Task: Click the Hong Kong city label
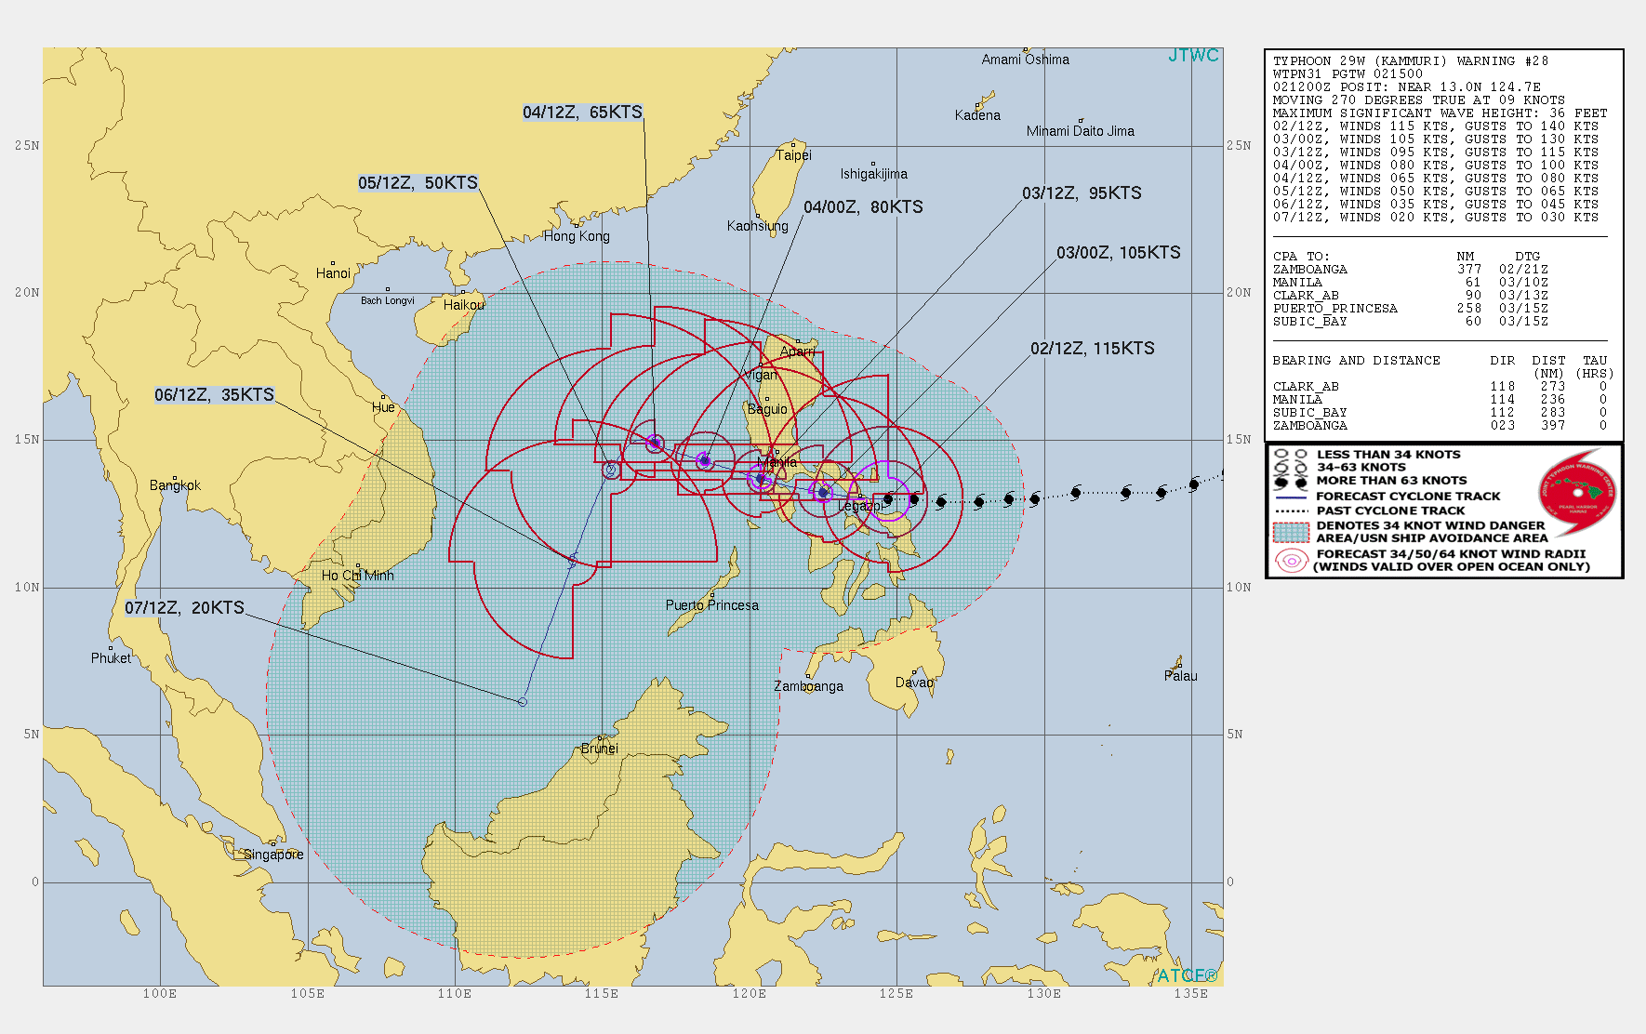click(x=577, y=236)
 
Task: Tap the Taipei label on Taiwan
click(x=793, y=155)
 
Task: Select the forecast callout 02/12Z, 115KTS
click(x=1092, y=349)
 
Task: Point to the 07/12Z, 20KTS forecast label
click(x=184, y=608)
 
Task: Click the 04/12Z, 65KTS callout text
click(x=582, y=113)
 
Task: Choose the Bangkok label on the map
click(x=175, y=485)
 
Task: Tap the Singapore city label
click(x=273, y=855)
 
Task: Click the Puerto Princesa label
click(x=711, y=605)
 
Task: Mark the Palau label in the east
click(x=1180, y=676)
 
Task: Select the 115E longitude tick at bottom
click(x=602, y=994)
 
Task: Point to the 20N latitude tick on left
click(x=27, y=293)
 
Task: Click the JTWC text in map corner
click(x=1193, y=56)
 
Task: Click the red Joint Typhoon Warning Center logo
click(x=1578, y=493)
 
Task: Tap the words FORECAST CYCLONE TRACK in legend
click(x=1408, y=497)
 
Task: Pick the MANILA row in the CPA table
click(x=1297, y=283)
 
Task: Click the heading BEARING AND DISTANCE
click(x=1356, y=361)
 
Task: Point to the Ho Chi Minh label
click(x=357, y=576)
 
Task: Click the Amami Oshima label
click(x=1025, y=60)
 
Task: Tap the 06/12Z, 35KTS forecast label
click(x=214, y=395)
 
